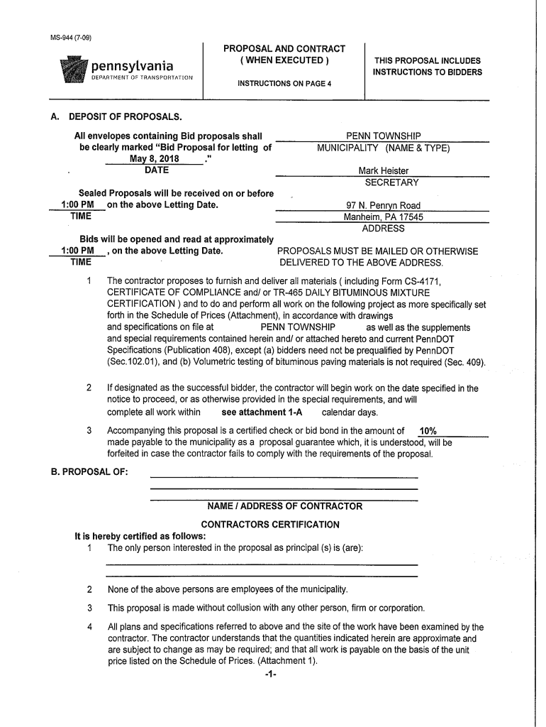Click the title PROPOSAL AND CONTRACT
[x=284, y=48]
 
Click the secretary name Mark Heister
[x=383, y=170]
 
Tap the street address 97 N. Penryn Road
[x=383, y=206]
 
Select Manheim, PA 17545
[x=383, y=217]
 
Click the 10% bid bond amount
[x=428, y=431]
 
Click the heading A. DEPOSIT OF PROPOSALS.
[x=121, y=116]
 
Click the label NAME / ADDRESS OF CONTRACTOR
[x=284, y=506]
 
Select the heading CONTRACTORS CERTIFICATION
[x=270, y=524]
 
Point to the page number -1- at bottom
[x=269, y=674]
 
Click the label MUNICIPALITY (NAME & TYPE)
[x=383, y=148]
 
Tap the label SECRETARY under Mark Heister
[x=383, y=182]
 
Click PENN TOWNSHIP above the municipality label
[x=383, y=136]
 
